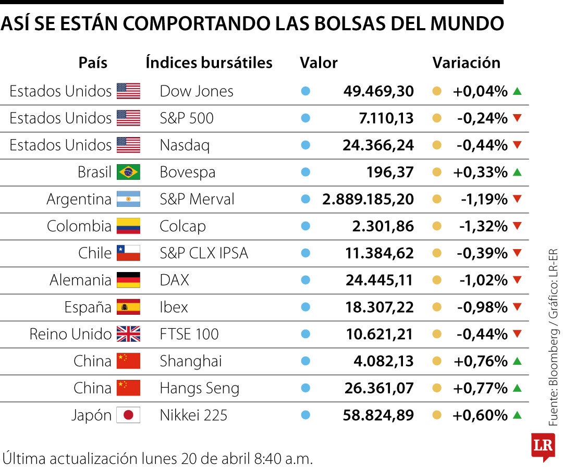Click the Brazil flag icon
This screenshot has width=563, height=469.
tap(128, 172)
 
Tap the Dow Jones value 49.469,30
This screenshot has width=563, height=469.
tap(378, 91)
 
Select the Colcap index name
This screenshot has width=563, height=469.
tap(182, 226)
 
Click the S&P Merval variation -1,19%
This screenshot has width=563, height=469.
tap(484, 199)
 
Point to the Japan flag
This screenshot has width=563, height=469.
tap(128, 415)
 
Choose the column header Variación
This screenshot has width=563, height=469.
tap(466, 63)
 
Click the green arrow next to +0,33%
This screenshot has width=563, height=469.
tap(517, 172)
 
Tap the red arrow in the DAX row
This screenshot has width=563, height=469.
tap(517, 280)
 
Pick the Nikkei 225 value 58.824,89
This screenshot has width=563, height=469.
tap(378, 415)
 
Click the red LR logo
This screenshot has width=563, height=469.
tap(542, 447)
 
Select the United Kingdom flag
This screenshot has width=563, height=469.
tap(128, 334)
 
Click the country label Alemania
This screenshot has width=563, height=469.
tap(80, 280)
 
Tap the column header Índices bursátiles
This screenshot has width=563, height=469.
tap(209, 63)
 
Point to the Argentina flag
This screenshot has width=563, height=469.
tap(128, 199)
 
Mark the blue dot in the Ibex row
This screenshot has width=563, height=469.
tap(306, 307)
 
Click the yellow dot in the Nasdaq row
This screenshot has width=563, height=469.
tap(437, 145)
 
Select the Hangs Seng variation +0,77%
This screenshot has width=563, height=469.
tap(480, 388)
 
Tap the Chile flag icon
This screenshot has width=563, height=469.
tap(128, 253)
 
